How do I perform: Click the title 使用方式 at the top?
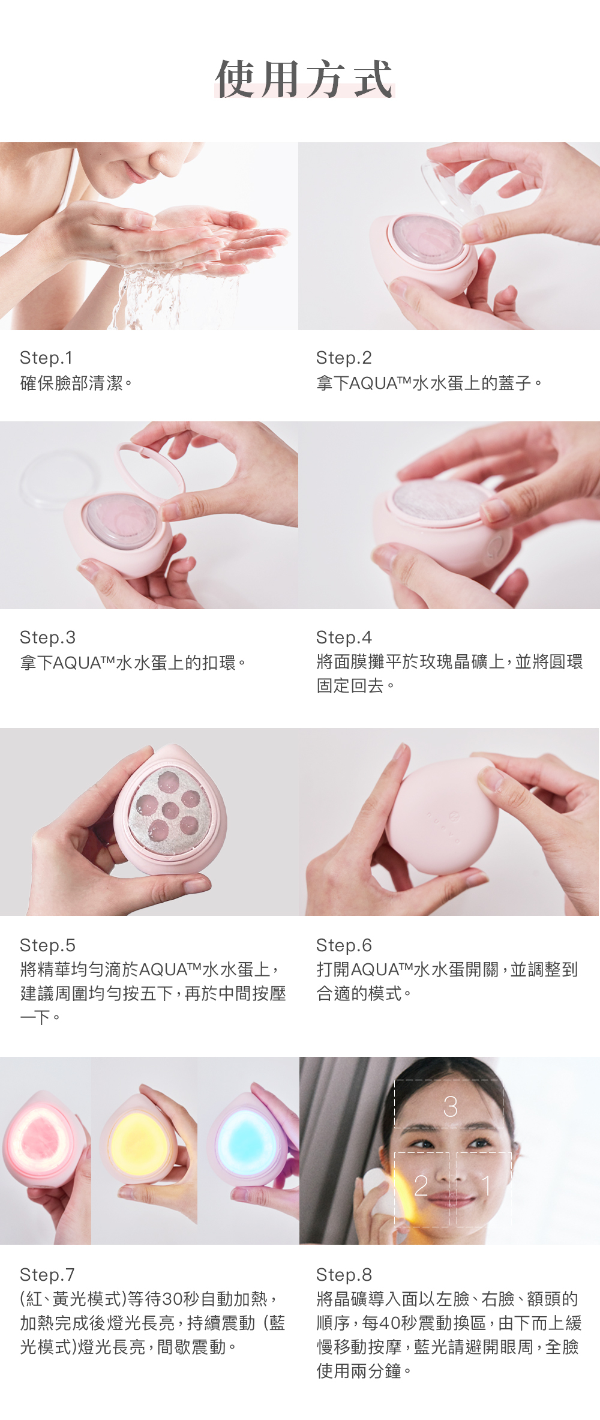pyautogui.click(x=304, y=79)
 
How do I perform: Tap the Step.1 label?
pyautogui.click(x=46, y=358)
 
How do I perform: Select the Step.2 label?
pyautogui.click(x=344, y=358)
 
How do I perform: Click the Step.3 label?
pyautogui.click(x=47, y=637)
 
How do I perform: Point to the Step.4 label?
pyautogui.click(x=344, y=637)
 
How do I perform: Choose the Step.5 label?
pyautogui.click(x=47, y=945)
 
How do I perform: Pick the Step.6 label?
pyautogui.click(x=344, y=945)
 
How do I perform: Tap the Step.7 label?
pyautogui.click(x=47, y=1275)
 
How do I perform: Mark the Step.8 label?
pyautogui.click(x=344, y=1275)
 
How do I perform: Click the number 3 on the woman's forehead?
pyautogui.click(x=450, y=1107)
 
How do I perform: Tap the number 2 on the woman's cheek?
pyautogui.click(x=421, y=1185)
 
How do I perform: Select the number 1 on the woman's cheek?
pyautogui.click(x=486, y=1185)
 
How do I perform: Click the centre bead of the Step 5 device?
pyautogui.click(x=170, y=810)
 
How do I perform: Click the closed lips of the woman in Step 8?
pyautogui.click(x=457, y=1200)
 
